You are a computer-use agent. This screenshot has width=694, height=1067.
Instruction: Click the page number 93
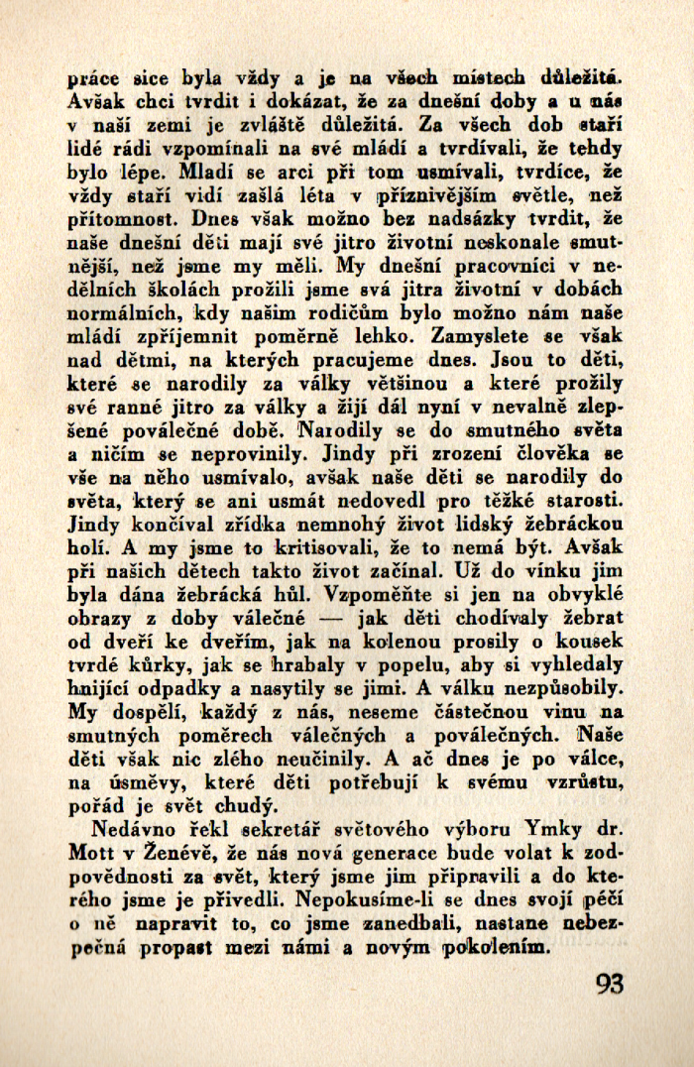point(610,984)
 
